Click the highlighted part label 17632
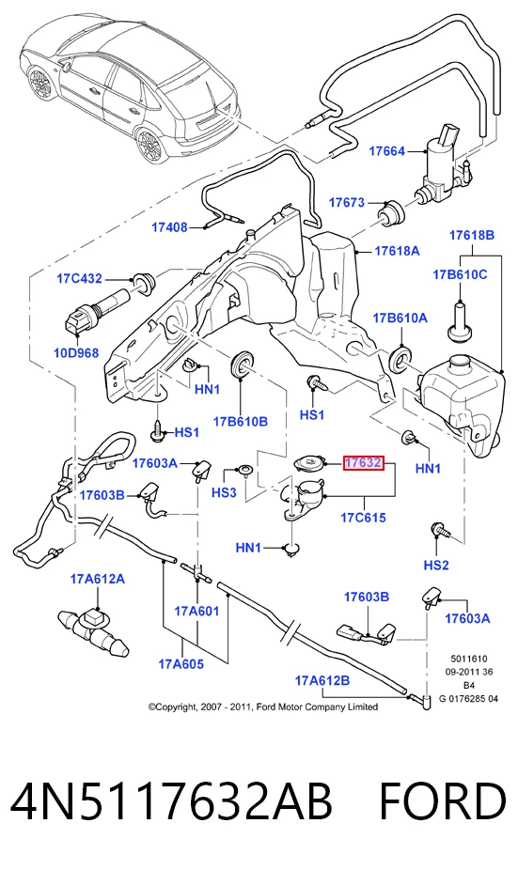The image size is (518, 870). [363, 463]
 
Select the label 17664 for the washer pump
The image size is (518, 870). [387, 151]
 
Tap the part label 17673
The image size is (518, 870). [347, 202]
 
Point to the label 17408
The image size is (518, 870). [170, 227]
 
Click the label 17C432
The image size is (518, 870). [79, 278]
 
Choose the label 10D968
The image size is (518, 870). [76, 352]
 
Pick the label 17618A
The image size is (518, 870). [397, 251]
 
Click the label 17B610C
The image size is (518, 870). [461, 274]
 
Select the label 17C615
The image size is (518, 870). [363, 518]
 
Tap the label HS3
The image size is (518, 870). [225, 492]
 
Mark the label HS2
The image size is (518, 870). [436, 566]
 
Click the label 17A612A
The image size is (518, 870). [97, 580]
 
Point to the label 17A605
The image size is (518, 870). [181, 663]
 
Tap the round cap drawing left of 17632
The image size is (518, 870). [307, 463]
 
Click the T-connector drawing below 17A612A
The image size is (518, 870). [93, 631]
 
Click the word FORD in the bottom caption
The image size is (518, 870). [443, 801]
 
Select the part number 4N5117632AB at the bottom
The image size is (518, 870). [171, 801]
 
